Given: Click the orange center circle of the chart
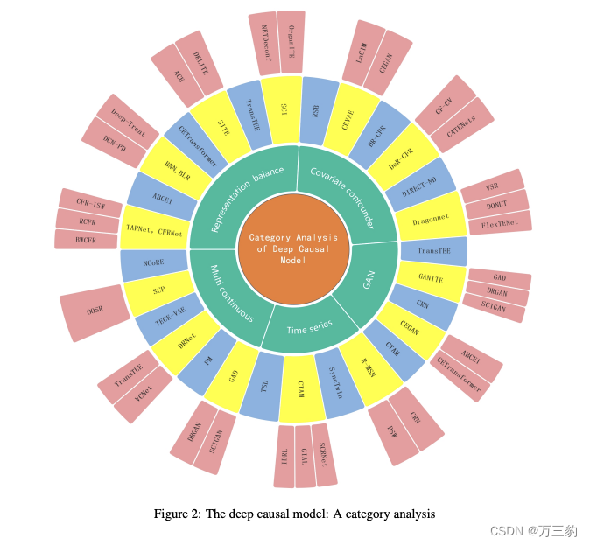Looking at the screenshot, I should [x=293, y=248].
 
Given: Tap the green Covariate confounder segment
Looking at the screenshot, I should [x=342, y=194].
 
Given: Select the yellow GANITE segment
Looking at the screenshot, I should [x=429, y=280].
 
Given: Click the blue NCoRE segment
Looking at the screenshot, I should [x=154, y=262].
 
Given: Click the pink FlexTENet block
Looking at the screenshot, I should [x=500, y=222].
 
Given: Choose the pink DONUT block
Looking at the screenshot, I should [x=496, y=204].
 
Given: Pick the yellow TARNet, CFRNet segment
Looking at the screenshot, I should [x=154, y=228].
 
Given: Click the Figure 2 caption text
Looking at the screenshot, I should [x=294, y=514].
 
